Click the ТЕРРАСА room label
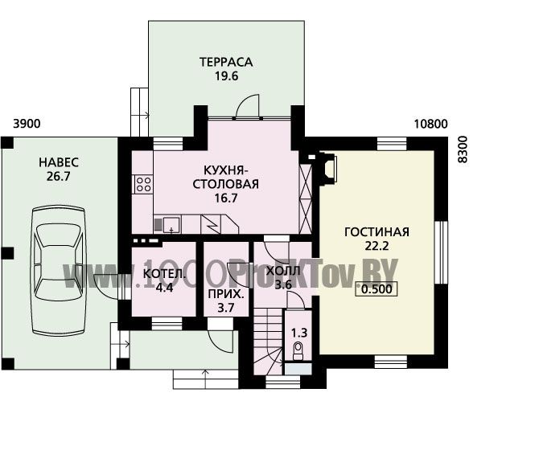(226, 62)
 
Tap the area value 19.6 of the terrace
(227, 76)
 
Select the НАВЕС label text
(59, 162)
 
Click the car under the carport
(58, 271)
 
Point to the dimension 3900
(27, 124)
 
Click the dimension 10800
(430, 124)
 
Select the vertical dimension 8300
(463, 149)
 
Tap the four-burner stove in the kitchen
(143, 184)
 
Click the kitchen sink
(171, 224)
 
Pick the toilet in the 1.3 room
(298, 351)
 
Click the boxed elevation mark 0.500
(376, 289)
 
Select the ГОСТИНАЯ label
(376, 232)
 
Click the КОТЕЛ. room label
(164, 274)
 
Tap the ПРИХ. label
(226, 294)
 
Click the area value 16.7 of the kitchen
(226, 198)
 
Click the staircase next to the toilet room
(268, 342)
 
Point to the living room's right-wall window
(441, 252)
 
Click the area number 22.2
(376, 246)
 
